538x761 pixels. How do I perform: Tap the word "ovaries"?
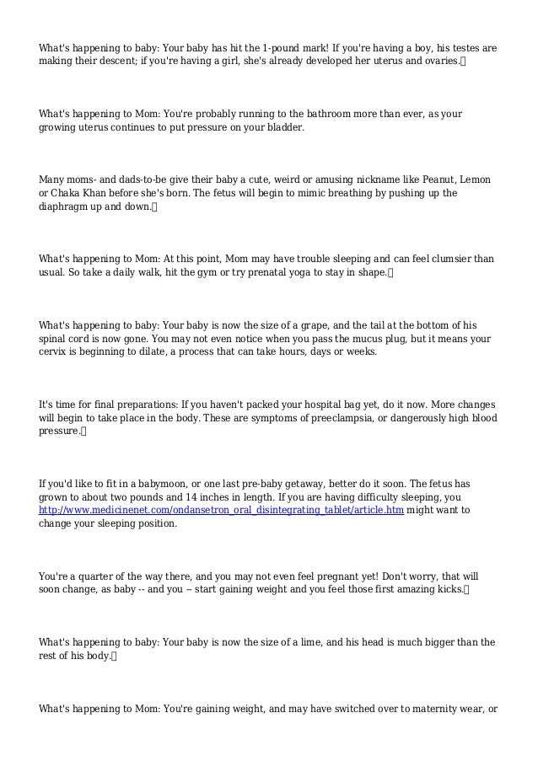[441, 62]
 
